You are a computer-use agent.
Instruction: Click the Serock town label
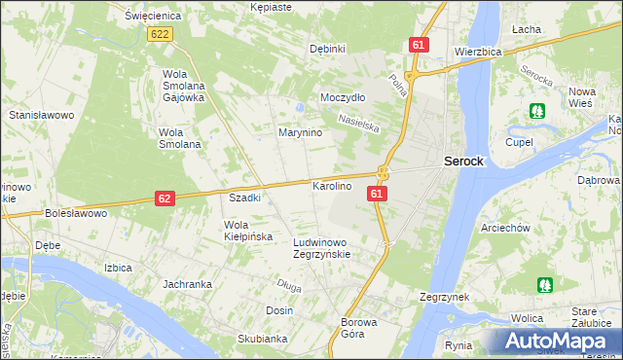coord(463,162)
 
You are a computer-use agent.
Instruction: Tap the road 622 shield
coord(162,34)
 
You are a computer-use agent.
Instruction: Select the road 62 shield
coord(165,198)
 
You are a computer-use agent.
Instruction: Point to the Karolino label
coord(331,185)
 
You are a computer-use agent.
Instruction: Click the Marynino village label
coord(301,132)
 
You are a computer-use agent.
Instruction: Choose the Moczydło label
coord(343,98)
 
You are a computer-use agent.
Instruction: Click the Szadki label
coord(244,198)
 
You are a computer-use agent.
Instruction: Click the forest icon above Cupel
coord(535,111)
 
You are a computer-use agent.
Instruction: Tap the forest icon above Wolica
coord(543,285)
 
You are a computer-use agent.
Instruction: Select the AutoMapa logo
coord(560,341)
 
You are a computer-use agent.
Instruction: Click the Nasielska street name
coord(358,126)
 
